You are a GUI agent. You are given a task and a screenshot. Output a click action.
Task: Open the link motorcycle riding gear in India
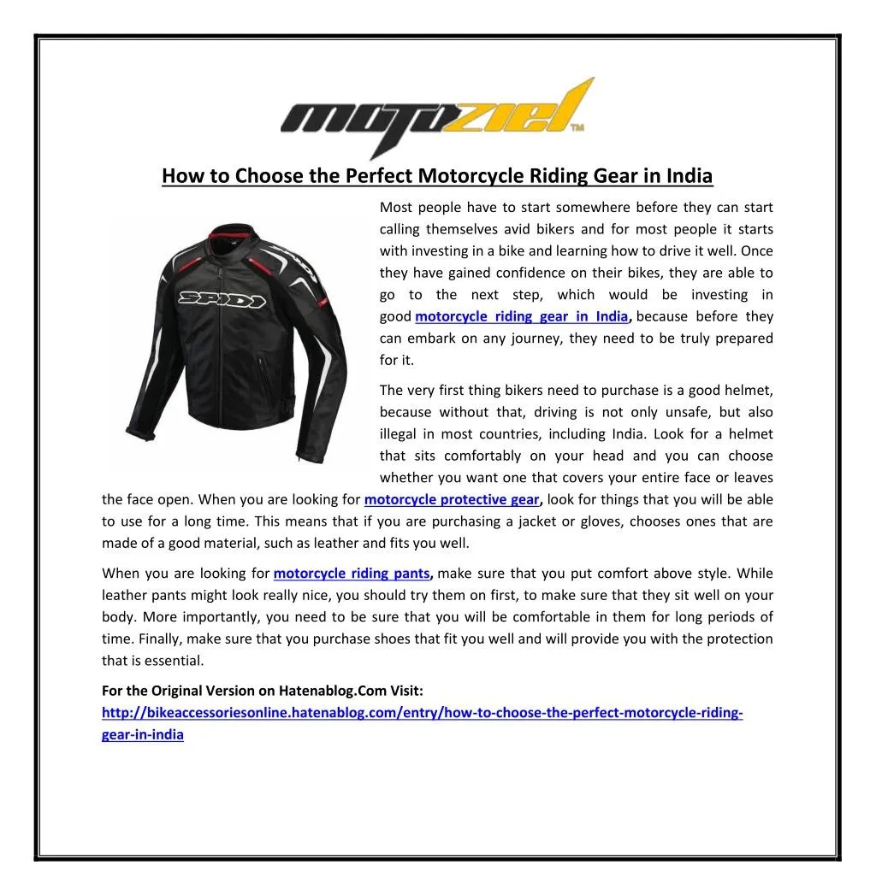[521, 316]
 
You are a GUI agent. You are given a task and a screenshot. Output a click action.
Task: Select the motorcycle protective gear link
[451, 500]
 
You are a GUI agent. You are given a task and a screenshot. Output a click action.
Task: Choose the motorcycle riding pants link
[352, 574]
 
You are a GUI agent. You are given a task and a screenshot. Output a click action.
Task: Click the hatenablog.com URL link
[421, 713]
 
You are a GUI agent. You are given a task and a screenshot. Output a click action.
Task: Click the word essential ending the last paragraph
[177, 661]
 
